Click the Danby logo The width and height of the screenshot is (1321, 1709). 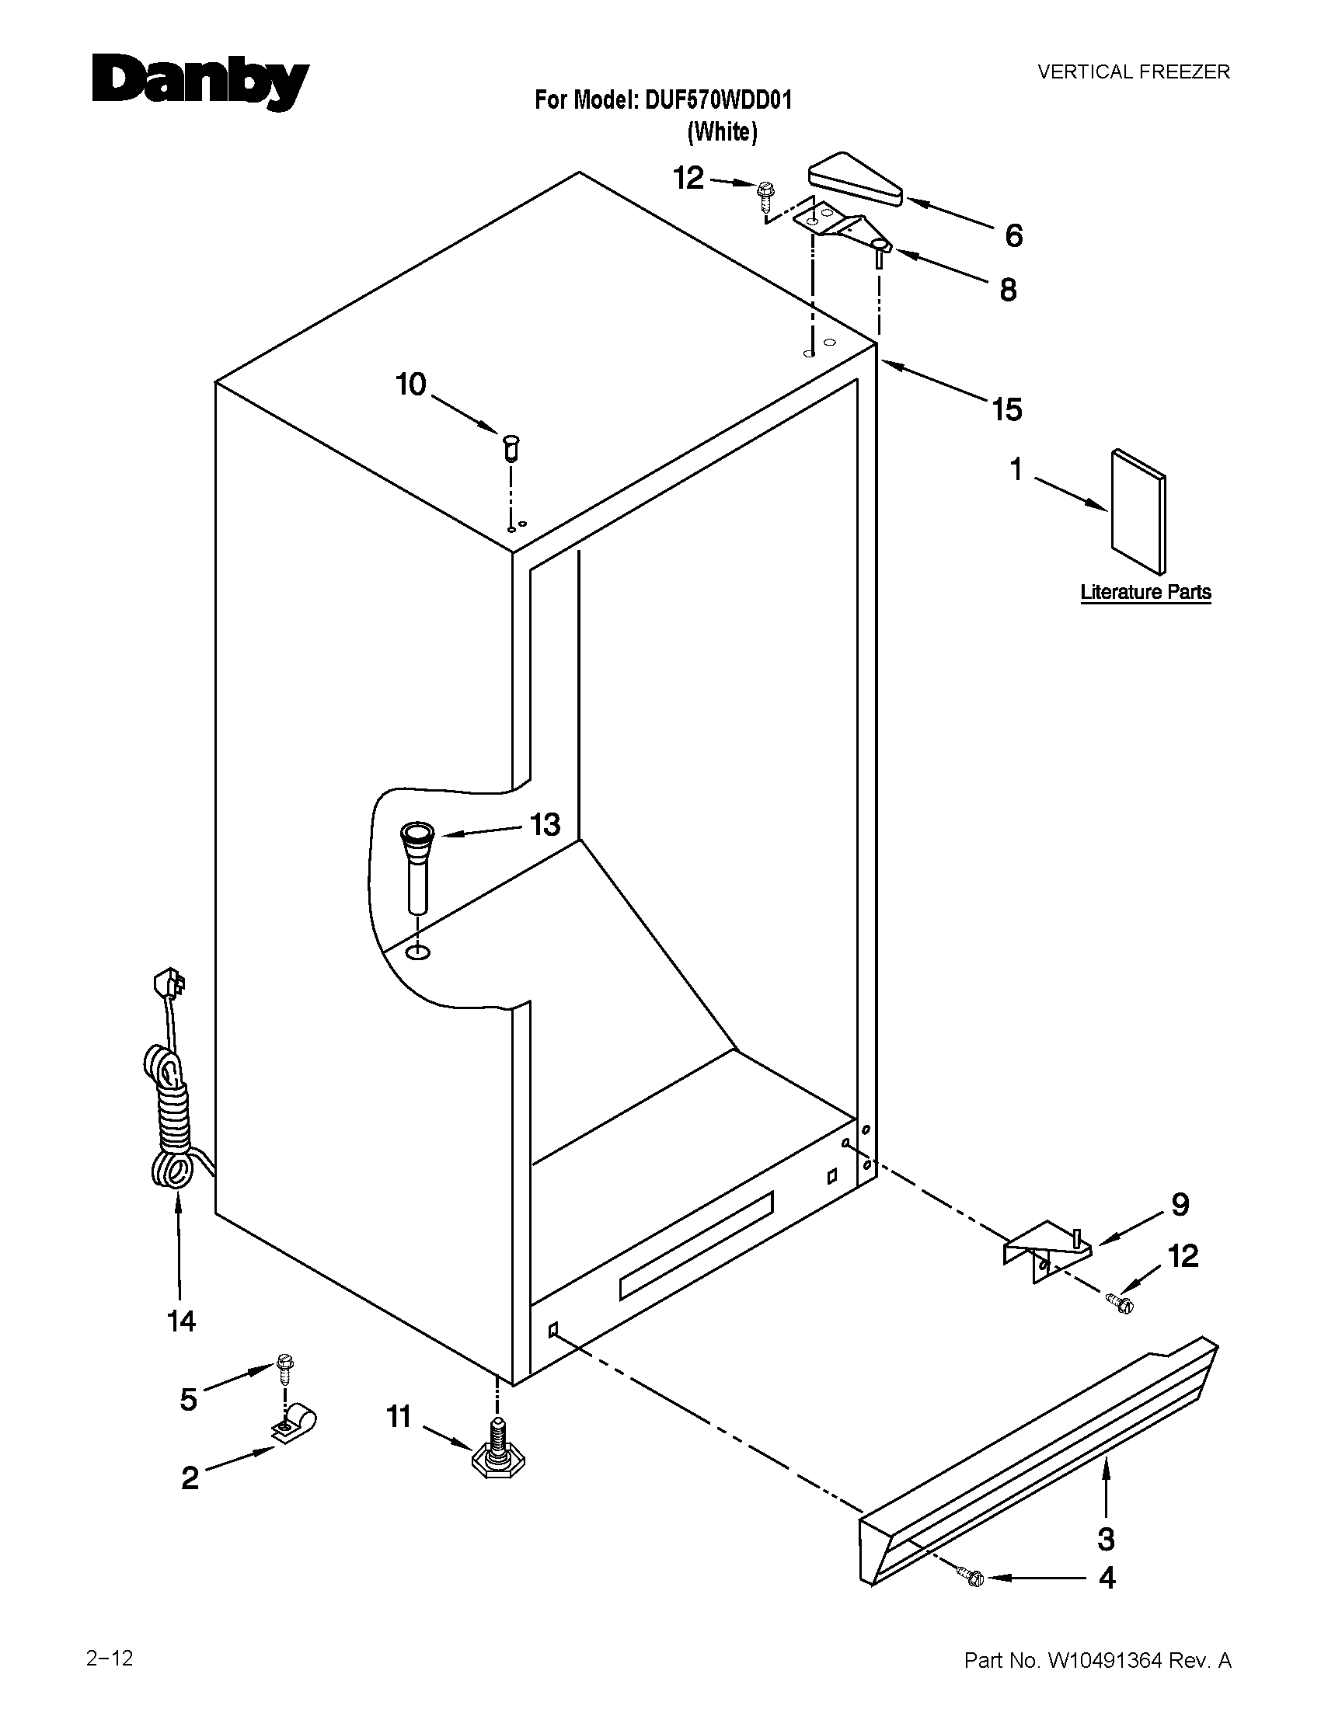point(200,82)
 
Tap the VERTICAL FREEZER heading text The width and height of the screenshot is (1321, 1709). point(1133,72)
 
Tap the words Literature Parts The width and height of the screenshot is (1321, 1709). point(1145,593)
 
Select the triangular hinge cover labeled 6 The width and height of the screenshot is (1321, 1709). point(855,179)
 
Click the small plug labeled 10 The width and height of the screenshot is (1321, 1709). point(511,448)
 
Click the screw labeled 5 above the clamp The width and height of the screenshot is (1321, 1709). point(284,1367)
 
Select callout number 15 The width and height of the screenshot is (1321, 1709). point(1007,409)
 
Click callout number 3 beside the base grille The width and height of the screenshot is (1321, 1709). point(1106,1538)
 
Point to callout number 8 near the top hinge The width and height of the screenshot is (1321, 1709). point(1008,291)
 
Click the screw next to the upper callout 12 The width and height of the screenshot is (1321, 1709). point(765,193)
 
